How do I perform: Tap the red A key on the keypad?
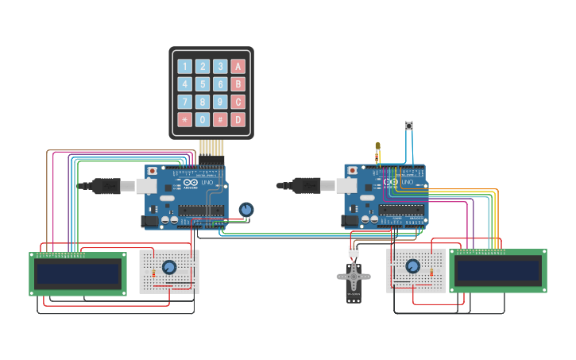click(x=238, y=67)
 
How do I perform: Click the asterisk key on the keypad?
click(x=185, y=119)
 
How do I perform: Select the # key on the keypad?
click(x=220, y=119)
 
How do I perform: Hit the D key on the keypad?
click(x=238, y=119)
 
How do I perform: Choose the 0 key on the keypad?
click(x=203, y=119)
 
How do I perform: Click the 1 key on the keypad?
click(x=185, y=67)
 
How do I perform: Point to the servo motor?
click(x=354, y=280)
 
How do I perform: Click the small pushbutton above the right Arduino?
click(x=409, y=126)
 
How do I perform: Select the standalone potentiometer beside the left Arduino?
click(x=246, y=210)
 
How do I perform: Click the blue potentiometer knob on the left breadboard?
click(x=169, y=267)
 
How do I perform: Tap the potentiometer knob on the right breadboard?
click(x=412, y=266)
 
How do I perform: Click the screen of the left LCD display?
click(x=78, y=274)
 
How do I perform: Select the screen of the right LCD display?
click(x=498, y=271)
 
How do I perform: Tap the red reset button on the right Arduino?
click(x=352, y=170)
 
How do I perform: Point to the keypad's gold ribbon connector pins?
click(x=211, y=147)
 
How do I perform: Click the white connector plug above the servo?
click(x=354, y=251)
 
